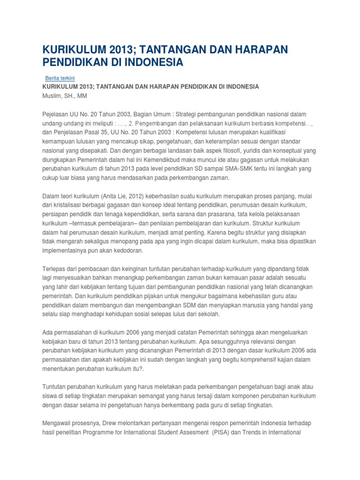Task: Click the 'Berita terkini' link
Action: point(60,78)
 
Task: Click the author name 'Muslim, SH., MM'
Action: point(65,96)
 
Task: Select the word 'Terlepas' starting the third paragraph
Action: point(55,269)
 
